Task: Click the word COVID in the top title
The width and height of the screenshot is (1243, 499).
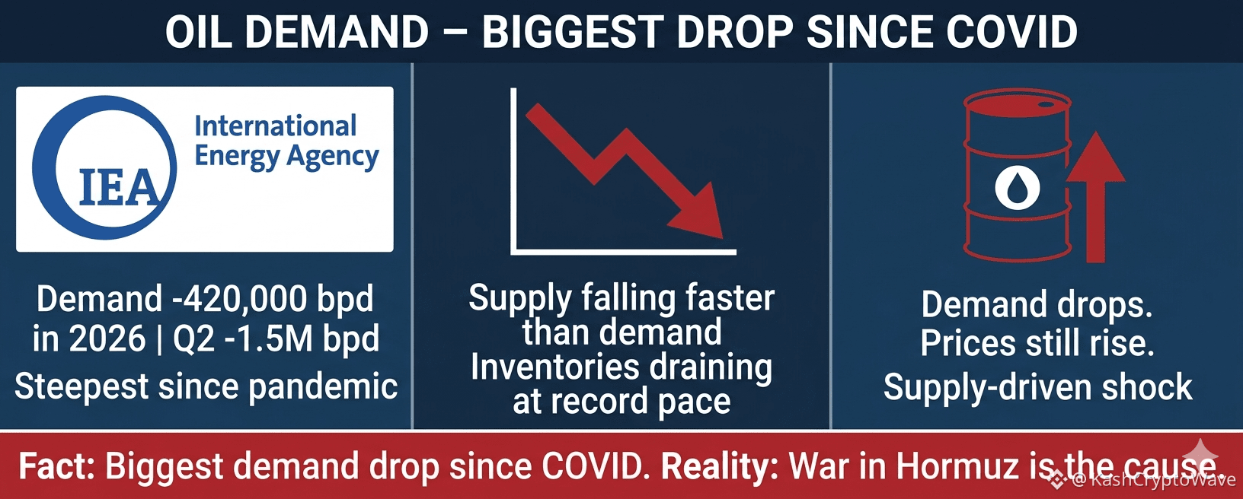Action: click(x=1011, y=32)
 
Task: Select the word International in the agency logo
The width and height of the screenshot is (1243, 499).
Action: click(x=275, y=126)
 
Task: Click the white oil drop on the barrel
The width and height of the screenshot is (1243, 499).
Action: click(x=1017, y=187)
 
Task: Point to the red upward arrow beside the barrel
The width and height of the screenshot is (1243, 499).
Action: click(x=1095, y=197)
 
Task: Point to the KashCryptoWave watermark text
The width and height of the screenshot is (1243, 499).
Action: click(x=1162, y=480)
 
